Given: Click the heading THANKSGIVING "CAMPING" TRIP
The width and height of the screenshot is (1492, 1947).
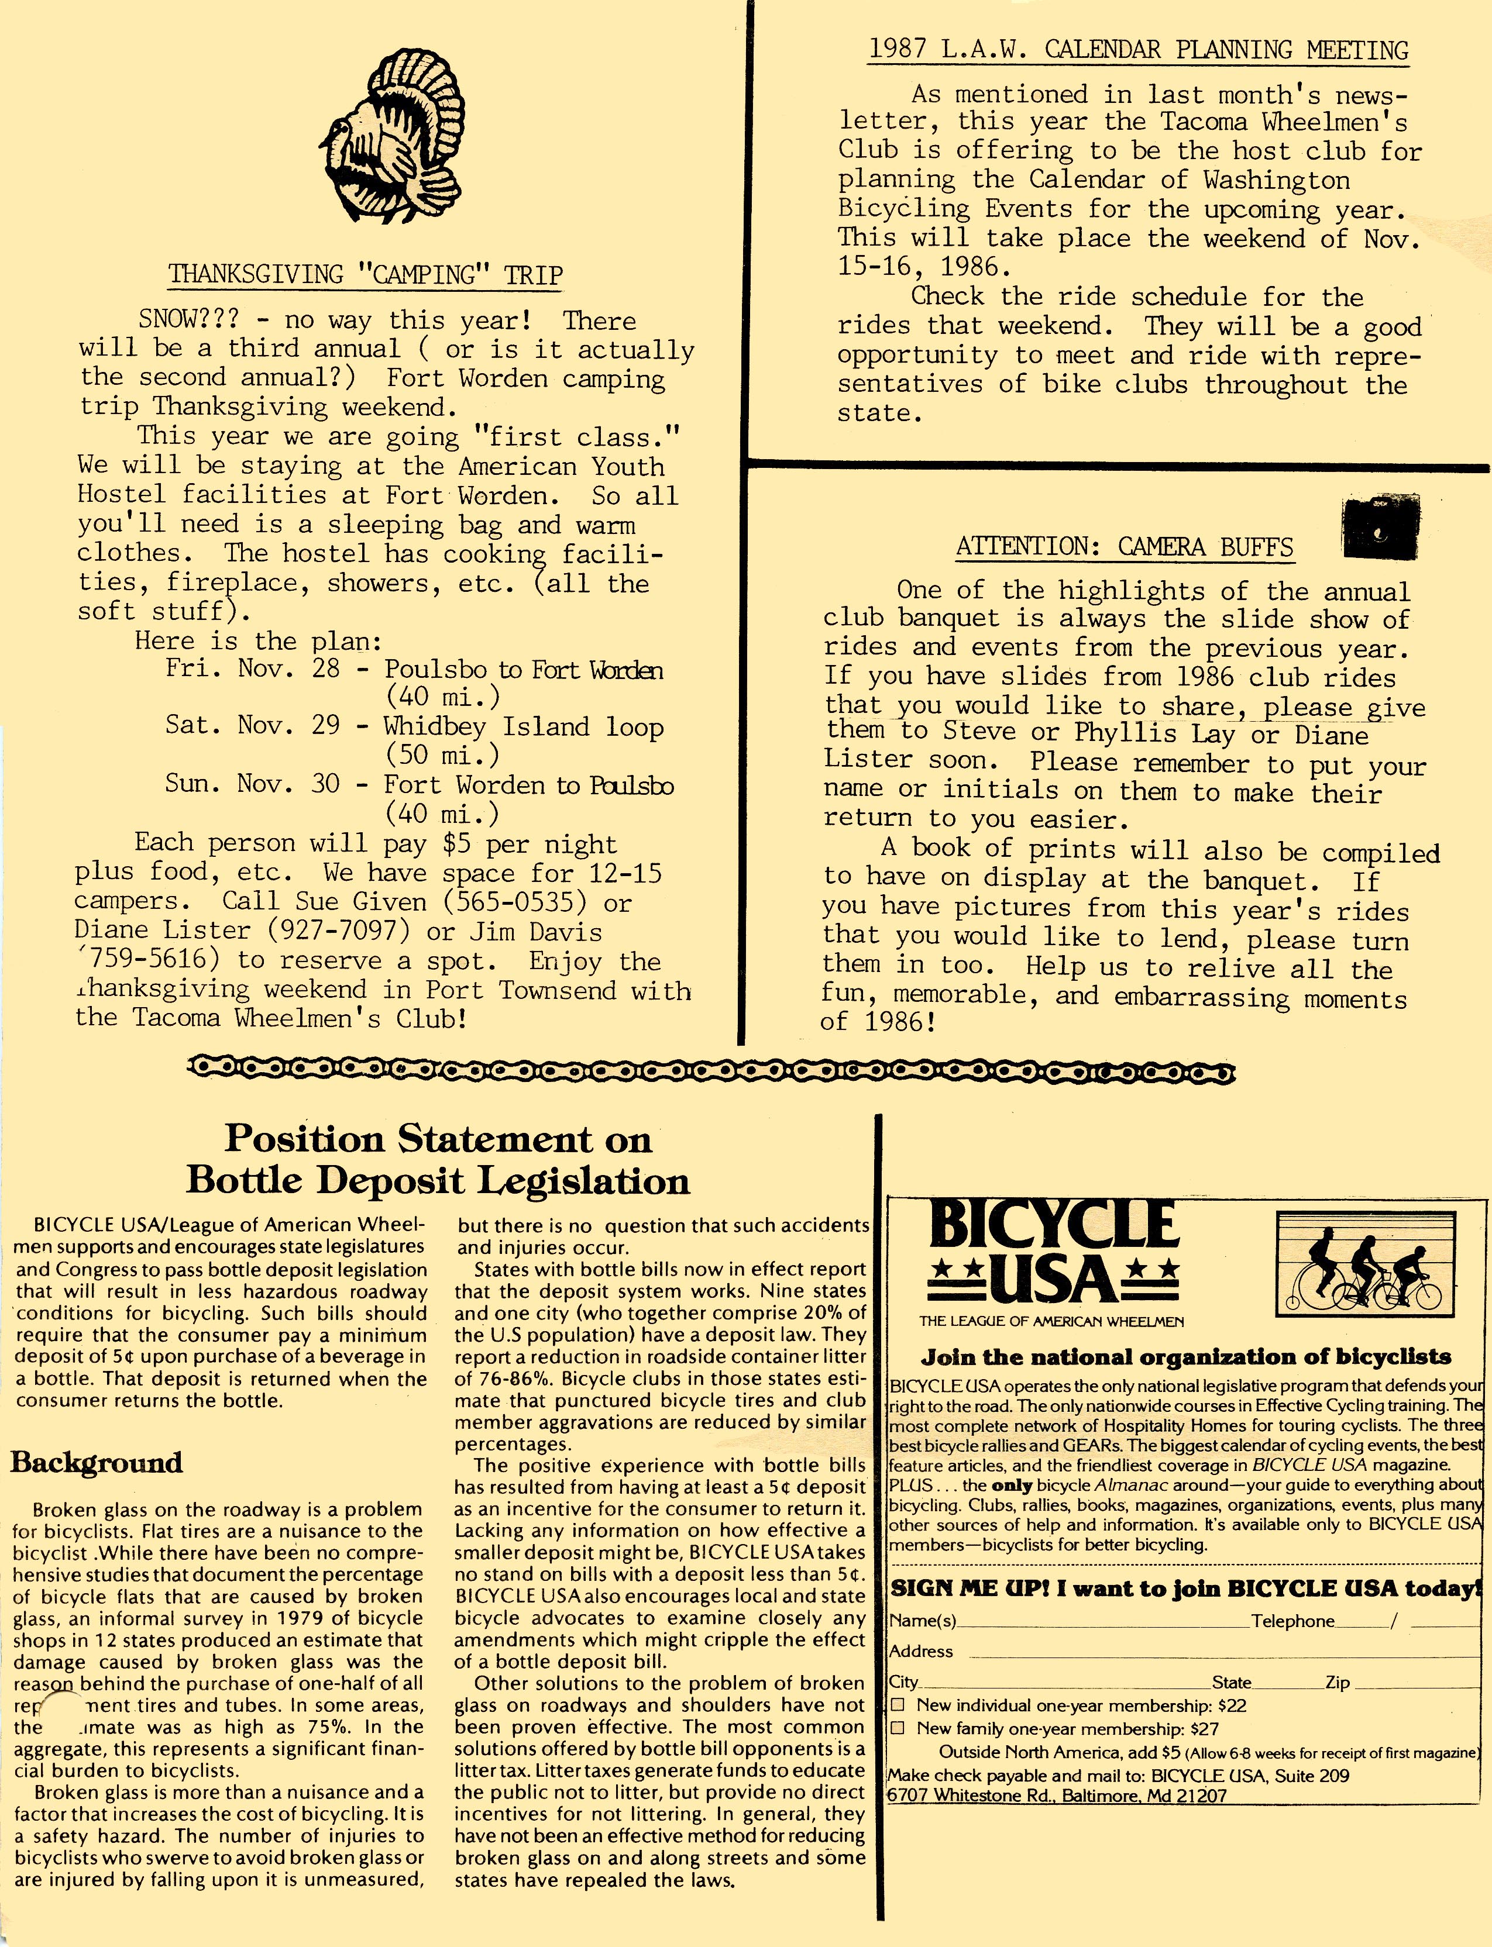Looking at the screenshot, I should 365,274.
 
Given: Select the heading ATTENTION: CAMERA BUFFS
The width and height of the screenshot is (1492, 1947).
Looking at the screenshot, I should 1125,547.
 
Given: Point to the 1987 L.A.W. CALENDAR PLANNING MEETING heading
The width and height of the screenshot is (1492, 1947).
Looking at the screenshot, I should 1137,50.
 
